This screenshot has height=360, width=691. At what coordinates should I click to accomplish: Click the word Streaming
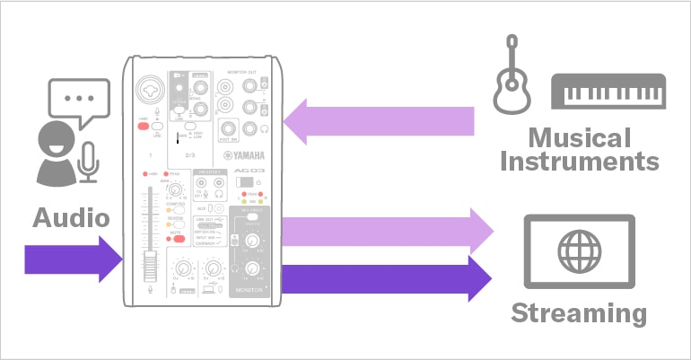578,314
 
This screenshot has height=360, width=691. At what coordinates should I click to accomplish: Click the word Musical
579,137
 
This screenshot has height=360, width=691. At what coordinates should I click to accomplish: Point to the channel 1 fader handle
150,266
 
